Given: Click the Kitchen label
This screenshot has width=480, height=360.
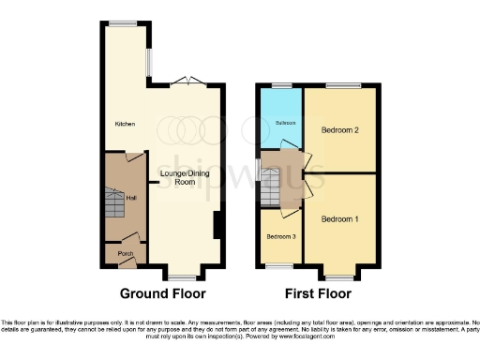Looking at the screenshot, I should pos(125,123).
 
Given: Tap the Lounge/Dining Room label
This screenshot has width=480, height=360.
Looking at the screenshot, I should pos(184,177).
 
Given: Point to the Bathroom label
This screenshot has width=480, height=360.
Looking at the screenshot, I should pos(284,123).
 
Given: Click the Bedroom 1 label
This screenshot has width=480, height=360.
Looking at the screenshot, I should pos(338,219).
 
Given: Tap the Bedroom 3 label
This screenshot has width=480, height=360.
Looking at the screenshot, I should pos(281,236).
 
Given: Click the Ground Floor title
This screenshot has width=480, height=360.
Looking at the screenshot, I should pos(163,292).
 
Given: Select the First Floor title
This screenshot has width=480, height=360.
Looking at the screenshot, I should pos(317,292).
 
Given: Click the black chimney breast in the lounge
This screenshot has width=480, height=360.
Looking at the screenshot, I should pos(217,226).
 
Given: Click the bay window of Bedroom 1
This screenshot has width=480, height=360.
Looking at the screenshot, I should pos(339,277).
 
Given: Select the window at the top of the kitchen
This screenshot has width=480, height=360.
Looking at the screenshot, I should pos(119,23).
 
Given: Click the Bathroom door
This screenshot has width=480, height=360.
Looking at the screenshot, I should pos(292,143).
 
